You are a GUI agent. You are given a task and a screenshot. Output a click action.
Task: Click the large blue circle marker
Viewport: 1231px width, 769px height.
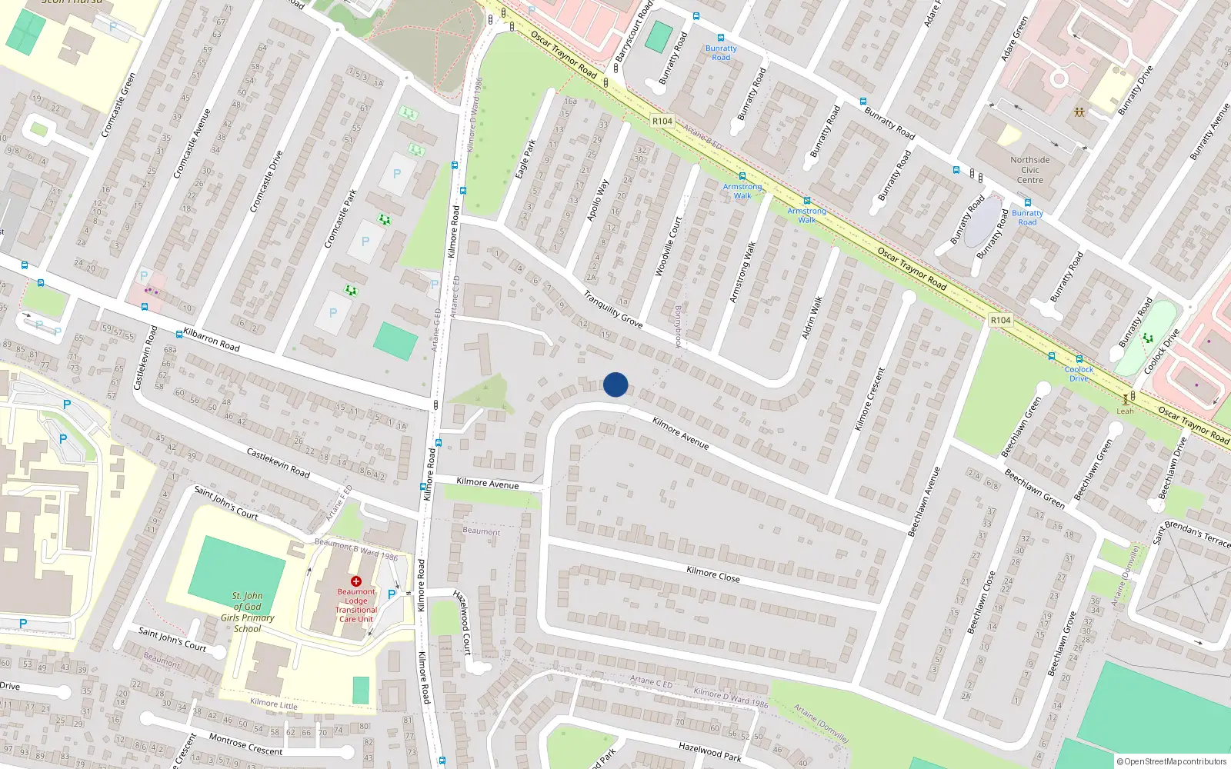[x=615, y=384]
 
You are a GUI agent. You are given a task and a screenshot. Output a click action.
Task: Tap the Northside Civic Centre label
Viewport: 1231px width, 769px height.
[x=1030, y=170]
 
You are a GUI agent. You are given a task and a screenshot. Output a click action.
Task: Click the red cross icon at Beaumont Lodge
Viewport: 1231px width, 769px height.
[x=356, y=581]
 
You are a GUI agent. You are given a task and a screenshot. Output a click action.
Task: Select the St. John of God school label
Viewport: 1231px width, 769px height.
[x=248, y=612]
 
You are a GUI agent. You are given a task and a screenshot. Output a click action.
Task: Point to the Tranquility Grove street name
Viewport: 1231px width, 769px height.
[x=612, y=309]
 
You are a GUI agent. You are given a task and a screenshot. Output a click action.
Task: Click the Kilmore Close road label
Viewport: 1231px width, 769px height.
[x=712, y=574]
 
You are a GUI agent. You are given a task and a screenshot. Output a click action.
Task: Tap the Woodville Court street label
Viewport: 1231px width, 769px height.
[x=668, y=247]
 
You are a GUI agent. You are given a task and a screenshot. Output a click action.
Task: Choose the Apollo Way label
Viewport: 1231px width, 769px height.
[x=597, y=201]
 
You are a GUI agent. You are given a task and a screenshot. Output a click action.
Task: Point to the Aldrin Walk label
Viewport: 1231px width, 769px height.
[x=812, y=317]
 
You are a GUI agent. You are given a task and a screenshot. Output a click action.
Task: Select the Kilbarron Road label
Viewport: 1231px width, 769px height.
[x=212, y=340]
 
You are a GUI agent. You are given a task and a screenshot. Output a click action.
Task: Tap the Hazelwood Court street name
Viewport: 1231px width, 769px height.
[x=462, y=622]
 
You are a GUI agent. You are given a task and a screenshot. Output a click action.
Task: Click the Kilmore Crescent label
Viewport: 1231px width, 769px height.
[x=870, y=398]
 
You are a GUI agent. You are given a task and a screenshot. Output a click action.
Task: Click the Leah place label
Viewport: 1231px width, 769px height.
[x=1125, y=411]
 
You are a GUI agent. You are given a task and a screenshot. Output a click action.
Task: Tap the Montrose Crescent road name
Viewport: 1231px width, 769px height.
[x=245, y=744]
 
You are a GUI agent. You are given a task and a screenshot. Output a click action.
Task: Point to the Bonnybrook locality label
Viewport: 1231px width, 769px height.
[x=678, y=327]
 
